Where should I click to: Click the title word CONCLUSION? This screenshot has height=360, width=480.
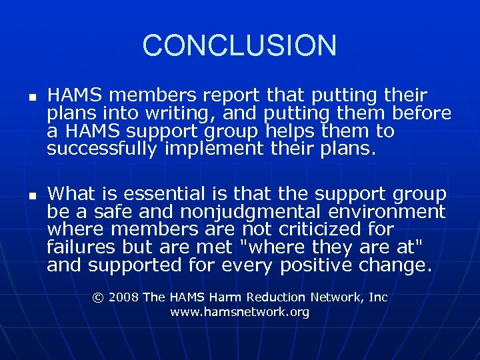pos(239,45)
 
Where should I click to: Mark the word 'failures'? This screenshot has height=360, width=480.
pos(73,248)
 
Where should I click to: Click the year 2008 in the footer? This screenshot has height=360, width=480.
pos(125,297)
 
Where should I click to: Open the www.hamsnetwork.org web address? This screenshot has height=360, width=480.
pos(240,312)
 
